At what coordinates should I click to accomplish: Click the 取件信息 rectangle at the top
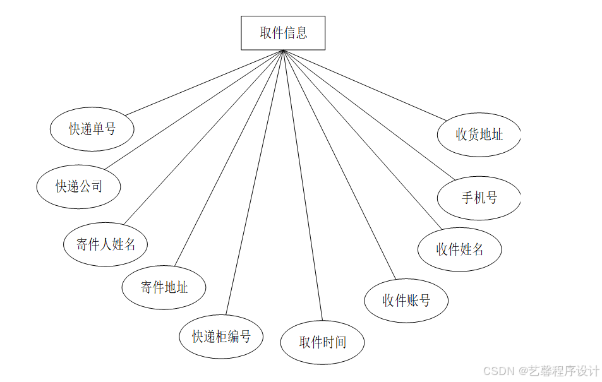tap(283, 33)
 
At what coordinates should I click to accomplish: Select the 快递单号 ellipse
tap(92, 129)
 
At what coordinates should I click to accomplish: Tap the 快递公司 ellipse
tap(78, 186)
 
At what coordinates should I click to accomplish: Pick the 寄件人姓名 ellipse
tap(105, 244)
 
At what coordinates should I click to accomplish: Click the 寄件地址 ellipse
tap(164, 288)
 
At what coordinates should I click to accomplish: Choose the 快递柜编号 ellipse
tap(221, 337)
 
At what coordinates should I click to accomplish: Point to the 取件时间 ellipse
tap(322, 342)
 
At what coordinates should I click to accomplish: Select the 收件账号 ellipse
tap(406, 301)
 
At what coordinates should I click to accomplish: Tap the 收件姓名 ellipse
tap(459, 249)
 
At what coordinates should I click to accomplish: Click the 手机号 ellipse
tap(478, 198)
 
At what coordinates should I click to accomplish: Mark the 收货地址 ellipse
tap(478, 134)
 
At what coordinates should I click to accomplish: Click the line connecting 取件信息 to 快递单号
tap(203, 83)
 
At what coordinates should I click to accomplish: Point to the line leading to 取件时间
tap(303, 186)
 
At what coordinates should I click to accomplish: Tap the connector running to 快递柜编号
tap(254, 182)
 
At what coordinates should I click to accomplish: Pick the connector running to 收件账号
tap(339, 164)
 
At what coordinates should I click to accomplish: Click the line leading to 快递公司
tap(194, 110)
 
